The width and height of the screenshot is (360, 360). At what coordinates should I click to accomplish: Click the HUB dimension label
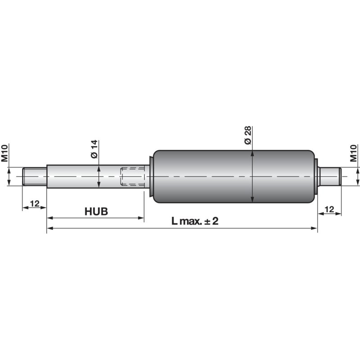pos(96,211)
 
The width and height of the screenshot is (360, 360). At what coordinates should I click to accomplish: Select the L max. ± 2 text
pos(195,221)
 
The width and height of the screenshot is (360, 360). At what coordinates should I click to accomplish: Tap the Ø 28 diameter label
pos(248,135)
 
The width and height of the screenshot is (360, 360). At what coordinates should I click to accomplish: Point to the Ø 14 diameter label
pos(94,149)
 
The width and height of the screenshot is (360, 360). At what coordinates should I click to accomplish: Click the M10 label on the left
pos(4,153)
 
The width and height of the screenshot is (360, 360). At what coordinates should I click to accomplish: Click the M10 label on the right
pos(354,153)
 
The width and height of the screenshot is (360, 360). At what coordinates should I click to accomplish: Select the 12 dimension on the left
pos(35,203)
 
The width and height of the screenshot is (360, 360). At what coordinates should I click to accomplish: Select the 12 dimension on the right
pos(329,209)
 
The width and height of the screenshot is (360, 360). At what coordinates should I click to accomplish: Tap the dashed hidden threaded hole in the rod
pos(132,176)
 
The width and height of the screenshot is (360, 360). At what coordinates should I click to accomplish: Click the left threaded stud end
pos(35,176)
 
